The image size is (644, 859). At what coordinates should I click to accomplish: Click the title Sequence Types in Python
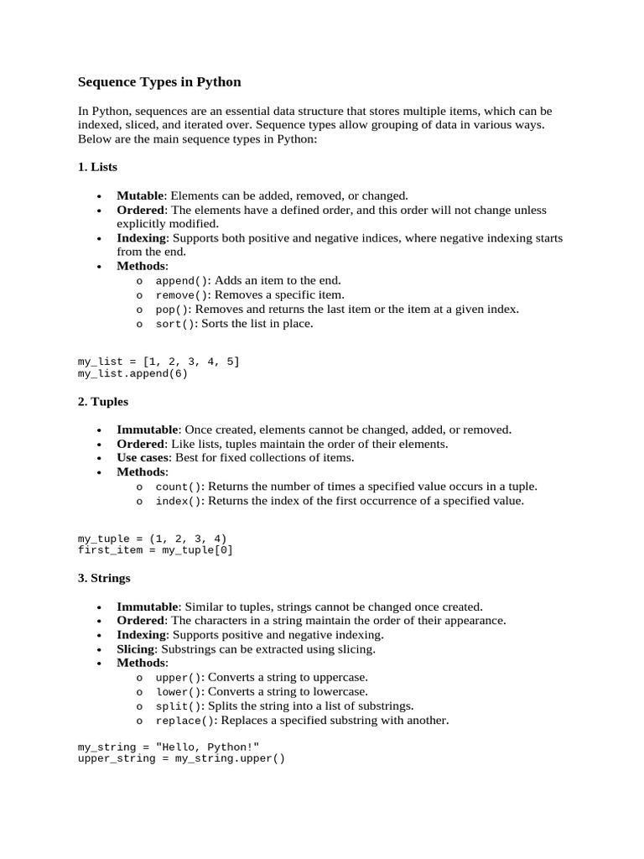click(x=159, y=82)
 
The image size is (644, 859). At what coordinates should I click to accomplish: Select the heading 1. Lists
click(x=97, y=167)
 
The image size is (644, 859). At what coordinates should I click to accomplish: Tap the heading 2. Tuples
click(x=102, y=401)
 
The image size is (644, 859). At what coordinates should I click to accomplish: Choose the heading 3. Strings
click(x=104, y=578)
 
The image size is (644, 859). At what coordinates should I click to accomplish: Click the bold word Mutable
click(x=140, y=195)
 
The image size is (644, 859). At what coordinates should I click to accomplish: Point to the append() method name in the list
click(x=184, y=281)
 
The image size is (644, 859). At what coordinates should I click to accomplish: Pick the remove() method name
click(x=184, y=295)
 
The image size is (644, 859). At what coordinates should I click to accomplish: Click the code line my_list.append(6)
click(x=132, y=373)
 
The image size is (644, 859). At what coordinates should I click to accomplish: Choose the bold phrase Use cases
click(x=143, y=457)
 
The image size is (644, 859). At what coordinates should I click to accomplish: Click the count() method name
click(x=179, y=487)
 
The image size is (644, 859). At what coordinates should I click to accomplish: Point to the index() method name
click(x=179, y=501)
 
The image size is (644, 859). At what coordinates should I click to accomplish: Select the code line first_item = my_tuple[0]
click(x=155, y=550)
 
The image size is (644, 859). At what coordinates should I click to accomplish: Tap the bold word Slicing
click(x=136, y=648)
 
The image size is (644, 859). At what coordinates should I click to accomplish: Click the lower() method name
click(x=179, y=691)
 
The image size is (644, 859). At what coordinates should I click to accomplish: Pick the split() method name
click(x=179, y=705)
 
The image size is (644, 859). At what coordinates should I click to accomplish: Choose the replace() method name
click(x=186, y=720)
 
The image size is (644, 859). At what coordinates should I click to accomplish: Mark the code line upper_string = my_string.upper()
click(x=181, y=758)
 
